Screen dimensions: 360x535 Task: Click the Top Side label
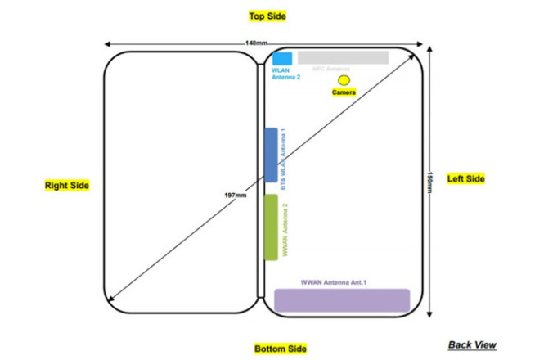point(267,16)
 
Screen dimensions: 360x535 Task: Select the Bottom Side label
point(280,349)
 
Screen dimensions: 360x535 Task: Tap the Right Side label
point(66,186)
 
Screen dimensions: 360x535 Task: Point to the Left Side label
point(465,178)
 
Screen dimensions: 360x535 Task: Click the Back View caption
point(472,344)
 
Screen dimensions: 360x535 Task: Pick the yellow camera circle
point(344,80)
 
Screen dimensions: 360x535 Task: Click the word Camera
point(344,93)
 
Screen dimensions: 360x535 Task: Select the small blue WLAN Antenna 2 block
point(281,58)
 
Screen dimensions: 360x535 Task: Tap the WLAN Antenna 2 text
point(285,74)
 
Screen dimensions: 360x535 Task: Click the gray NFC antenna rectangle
point(342,57)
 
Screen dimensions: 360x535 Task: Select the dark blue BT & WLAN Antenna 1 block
point(272,155)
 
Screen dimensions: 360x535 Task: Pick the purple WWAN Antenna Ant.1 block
point(341,299)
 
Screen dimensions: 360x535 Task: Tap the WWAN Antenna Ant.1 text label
point(334,282)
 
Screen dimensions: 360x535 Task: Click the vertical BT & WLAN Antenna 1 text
point(284,160)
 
